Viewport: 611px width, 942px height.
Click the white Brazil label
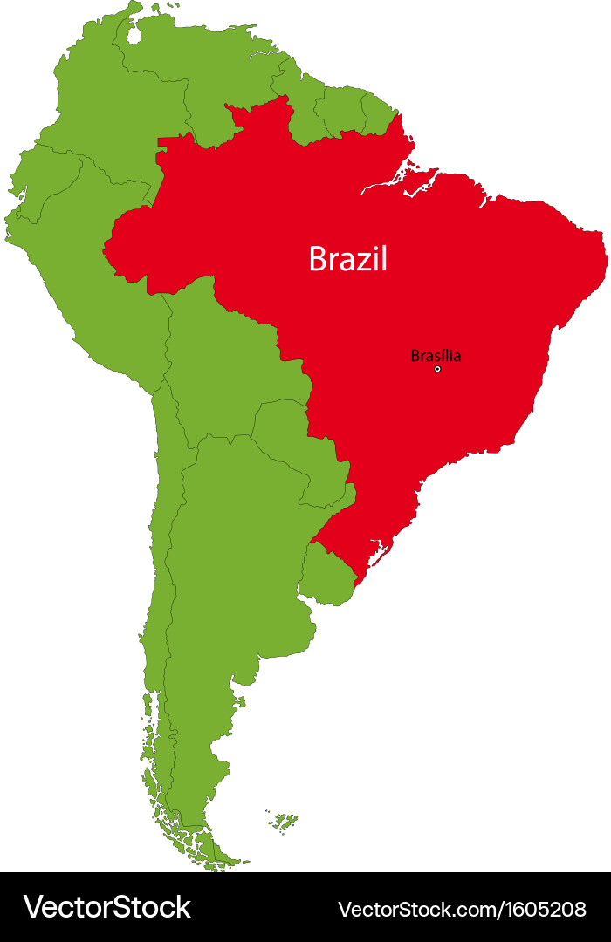[347, 259]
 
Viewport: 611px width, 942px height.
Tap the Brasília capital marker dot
[437, 369]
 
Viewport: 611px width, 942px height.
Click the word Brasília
[436, 355]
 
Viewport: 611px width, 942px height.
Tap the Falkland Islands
[283, 821]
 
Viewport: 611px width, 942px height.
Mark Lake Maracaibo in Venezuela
[134, 35]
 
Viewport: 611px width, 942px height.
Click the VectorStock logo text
[106, 907]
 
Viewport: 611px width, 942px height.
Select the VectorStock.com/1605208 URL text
[462, 909]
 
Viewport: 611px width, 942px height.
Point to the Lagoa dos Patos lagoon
[378, 553]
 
